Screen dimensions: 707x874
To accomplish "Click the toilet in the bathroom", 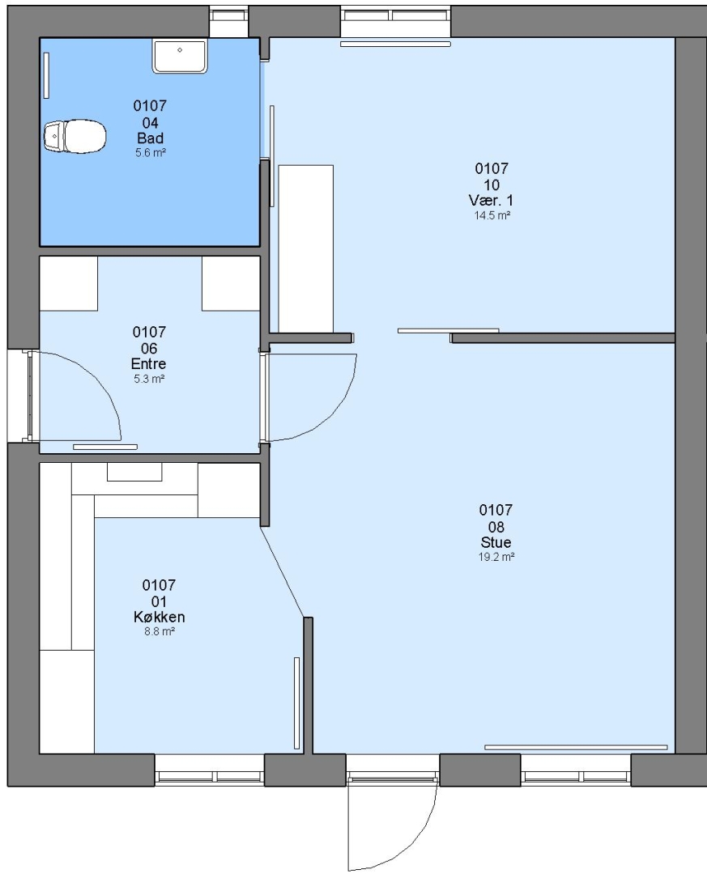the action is [75, 136].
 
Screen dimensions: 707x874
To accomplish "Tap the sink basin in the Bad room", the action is [180, 56].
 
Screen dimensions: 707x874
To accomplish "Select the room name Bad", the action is [150, 138].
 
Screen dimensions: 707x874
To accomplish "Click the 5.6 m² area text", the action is [150, 153].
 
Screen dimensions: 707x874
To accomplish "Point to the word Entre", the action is [148, 364].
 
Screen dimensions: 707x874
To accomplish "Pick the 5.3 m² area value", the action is [149, 379].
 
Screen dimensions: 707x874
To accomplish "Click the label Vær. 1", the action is [491, 201].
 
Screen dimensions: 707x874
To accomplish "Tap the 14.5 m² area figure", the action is [492, 216].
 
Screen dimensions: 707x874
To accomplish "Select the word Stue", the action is [496, 542].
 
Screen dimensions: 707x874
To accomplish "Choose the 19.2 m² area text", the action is [496, 557].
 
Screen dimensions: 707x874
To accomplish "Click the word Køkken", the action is [159, 617].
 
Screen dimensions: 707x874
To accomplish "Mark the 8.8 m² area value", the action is [160, 631].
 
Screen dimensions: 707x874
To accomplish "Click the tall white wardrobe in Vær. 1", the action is [306, 248].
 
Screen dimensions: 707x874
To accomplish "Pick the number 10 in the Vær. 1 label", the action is [492, 185].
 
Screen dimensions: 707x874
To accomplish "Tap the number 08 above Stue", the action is [496, 527].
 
